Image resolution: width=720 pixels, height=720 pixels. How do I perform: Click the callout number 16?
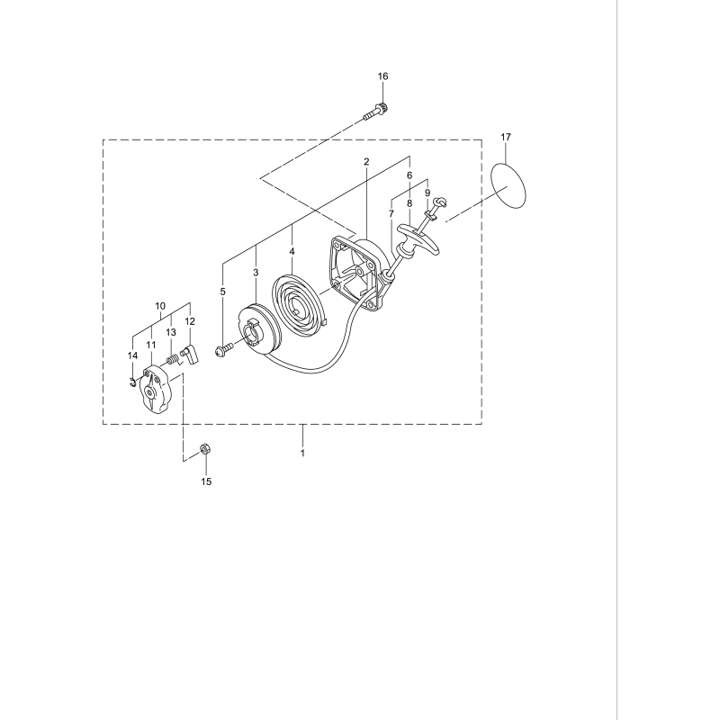[x=382, y=76]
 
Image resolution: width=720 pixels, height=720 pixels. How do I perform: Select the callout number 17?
[x=506, y=136]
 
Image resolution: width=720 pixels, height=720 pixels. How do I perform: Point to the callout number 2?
[x=366, y=162]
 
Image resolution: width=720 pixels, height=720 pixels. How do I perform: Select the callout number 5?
[x=222, y=291]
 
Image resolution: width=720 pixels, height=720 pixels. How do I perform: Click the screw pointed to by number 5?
[x=222, y=349]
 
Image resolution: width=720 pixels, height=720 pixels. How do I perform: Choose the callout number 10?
[x=160, y=306]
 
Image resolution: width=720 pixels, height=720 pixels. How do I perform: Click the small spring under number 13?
[x=170, y=359]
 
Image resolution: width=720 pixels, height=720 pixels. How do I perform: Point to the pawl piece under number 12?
[x=190, y=352]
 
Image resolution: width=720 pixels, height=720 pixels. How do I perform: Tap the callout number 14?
[x=132, y=355]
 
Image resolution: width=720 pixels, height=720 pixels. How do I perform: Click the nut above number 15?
[x=205, y=447]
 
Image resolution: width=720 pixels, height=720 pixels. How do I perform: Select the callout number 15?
[x=206, y=481]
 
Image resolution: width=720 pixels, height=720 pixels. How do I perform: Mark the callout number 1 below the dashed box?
[x=302, y=453]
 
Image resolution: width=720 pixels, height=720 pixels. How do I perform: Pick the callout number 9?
[x=427, y=193]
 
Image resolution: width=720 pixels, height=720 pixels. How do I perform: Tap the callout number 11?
[x=151, y=345]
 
